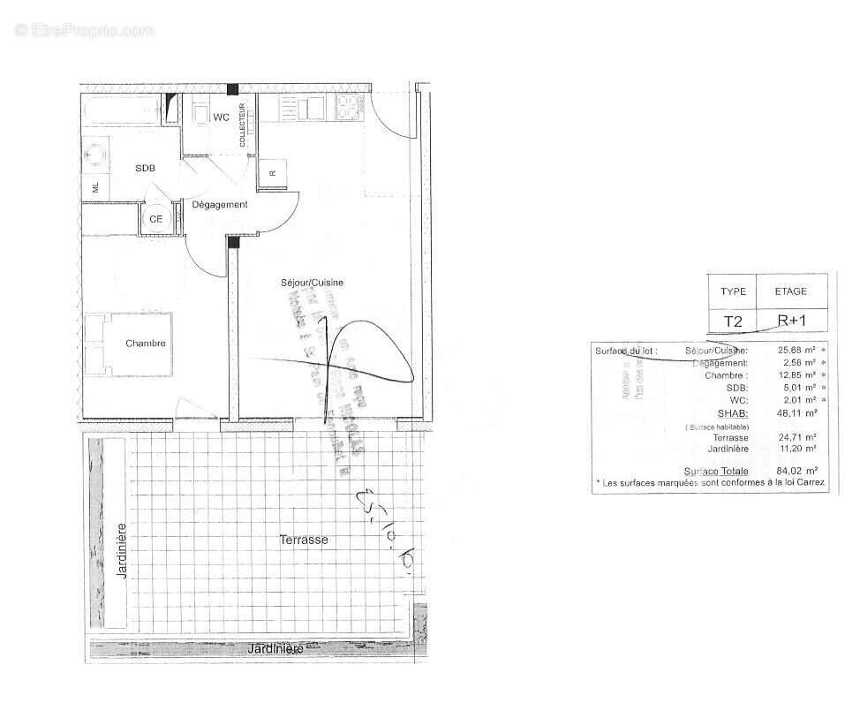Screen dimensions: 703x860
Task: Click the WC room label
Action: (x=221, y=117)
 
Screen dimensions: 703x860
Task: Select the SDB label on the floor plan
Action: (x=145, y=168)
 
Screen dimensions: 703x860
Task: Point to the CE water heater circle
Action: (x=156, y=218)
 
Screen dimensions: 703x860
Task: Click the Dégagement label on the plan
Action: (x=220, y=204)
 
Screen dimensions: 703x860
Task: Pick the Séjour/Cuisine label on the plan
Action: (x=312, y=283)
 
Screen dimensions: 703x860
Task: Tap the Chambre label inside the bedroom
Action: (x=145, y=343)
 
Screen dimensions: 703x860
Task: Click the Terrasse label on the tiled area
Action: (x=304, y=539)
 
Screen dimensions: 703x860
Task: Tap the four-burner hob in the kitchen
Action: (x=346, y=108)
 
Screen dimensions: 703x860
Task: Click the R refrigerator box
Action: (x=273, y=173)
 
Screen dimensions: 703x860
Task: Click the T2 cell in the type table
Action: (x=733, y=321)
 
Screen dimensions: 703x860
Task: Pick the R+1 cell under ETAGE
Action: (x=790, y=321)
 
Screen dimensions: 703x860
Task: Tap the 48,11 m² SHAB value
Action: (x=796, y=412)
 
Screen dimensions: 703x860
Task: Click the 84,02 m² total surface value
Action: (x=796, y=471)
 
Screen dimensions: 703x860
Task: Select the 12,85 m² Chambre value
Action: (x=796, y=375)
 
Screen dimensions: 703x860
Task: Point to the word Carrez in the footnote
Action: (x=810, y=483)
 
